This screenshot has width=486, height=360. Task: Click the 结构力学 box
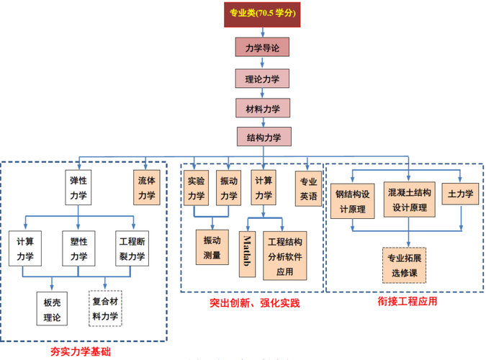(x=264, y=138)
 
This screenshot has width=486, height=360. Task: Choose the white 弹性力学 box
(x=78, y=188)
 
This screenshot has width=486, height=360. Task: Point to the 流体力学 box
(x=147, y=188)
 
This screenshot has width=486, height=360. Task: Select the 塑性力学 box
(x=78, y=248)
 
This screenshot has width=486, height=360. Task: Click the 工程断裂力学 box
(x=132, y=248)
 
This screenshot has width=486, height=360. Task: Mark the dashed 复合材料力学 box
(x=106, y=308)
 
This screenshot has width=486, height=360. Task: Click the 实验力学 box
(x=197, y=188)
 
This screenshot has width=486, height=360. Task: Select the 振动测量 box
(x=212, y=248)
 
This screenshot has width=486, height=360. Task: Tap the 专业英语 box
(x=308, y=188)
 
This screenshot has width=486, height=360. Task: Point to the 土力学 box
(x=460, y=194)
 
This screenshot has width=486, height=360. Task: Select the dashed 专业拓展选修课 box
(x=404, y=266)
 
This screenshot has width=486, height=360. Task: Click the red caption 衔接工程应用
(x=408, y=301)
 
